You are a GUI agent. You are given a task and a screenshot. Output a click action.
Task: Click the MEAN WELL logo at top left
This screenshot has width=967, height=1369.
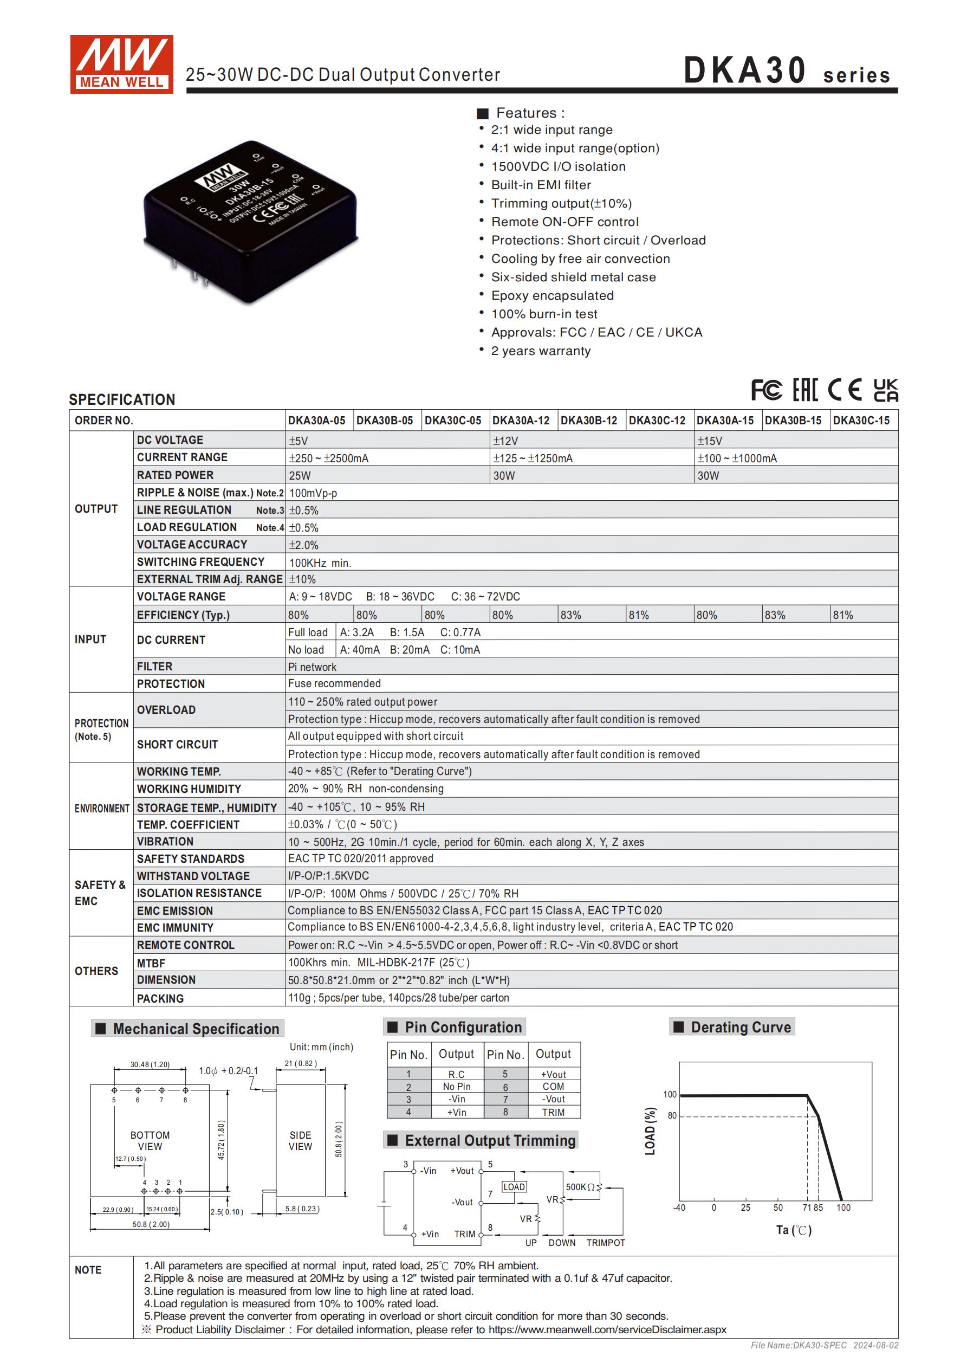point(122,64)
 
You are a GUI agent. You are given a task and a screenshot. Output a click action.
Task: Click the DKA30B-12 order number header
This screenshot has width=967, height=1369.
point(588,421)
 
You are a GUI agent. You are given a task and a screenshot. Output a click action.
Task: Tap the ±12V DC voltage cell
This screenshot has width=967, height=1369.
point(505,441)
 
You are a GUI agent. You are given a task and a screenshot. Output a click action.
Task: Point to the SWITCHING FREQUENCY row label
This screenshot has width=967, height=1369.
point(200,561)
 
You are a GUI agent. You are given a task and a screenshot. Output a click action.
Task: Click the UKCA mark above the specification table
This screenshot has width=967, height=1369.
point(885,390)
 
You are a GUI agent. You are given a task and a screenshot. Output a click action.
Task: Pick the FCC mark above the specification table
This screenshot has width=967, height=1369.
point(766,390)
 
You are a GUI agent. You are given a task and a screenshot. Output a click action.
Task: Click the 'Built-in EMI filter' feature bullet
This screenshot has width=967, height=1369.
point(541,185)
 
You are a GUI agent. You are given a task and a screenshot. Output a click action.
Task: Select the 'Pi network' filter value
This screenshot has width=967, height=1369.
point(312,667)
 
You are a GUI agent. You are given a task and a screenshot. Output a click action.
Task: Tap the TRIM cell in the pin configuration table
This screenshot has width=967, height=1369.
point(553,1112)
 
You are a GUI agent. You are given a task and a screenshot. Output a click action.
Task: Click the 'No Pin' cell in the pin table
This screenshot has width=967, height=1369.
point(456,1087)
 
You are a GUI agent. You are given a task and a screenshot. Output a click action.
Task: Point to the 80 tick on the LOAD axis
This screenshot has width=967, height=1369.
point(672,1115)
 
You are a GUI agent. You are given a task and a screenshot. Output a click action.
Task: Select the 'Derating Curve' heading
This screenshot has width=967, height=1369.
point(741,1026)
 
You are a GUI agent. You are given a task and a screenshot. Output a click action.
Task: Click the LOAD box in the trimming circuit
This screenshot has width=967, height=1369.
point(514,1186)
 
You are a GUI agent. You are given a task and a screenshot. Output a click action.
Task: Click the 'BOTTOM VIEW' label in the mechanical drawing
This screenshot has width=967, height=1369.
point(150,1141)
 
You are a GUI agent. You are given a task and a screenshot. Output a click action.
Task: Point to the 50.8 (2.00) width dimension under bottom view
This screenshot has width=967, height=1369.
point(151,1224)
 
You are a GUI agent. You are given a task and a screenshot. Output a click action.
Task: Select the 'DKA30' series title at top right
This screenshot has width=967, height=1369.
point(745,70)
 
